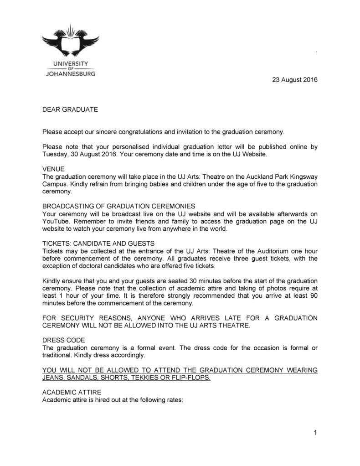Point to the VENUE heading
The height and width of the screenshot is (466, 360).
pyautogui.click(x=53, y=169)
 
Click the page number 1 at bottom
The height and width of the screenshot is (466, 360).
pyautogui.click(x=315, y=433)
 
